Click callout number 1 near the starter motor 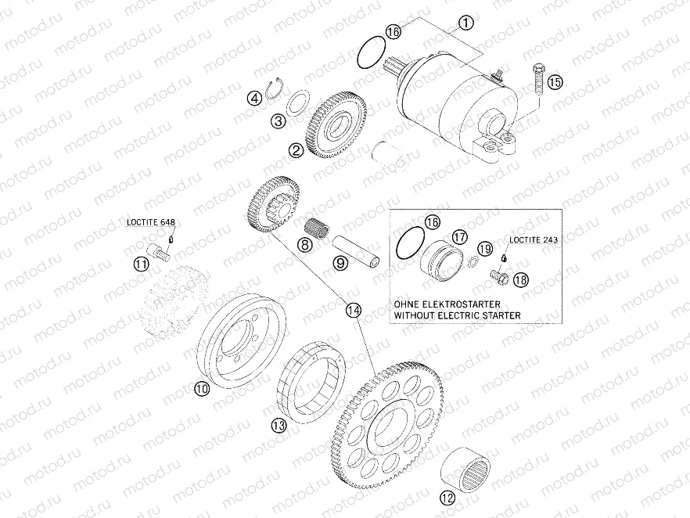pos(465,23)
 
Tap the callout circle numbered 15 pos(555,81)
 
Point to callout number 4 pos(253,99)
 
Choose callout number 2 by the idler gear pos(296,149)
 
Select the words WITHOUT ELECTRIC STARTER pos(457,315)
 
